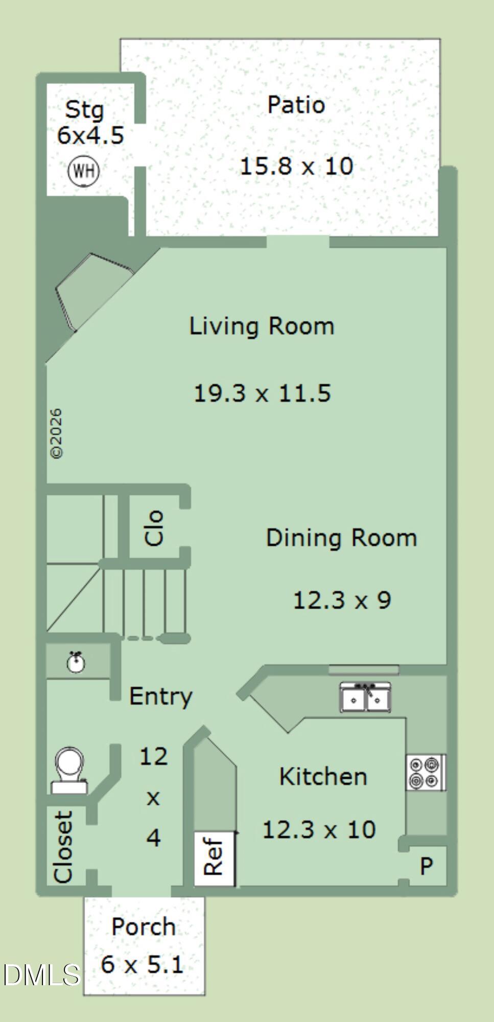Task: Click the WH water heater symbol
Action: [84, 170]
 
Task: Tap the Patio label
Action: [296, 105]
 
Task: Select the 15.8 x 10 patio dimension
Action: [296, 166]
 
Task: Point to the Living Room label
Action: [262, 326]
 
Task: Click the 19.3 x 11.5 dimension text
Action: [262, 393]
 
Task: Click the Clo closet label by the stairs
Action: [154, 528]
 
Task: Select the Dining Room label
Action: [341, 538]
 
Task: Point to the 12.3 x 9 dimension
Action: [342, 599]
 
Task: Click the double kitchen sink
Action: [365, 697]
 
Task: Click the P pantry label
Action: [427, 866]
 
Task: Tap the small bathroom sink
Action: [77, 662]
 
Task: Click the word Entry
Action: [161, 696]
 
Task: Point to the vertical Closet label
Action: [63, 848]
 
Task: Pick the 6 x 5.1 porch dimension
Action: [142, 965]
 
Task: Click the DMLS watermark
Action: [42, 974]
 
